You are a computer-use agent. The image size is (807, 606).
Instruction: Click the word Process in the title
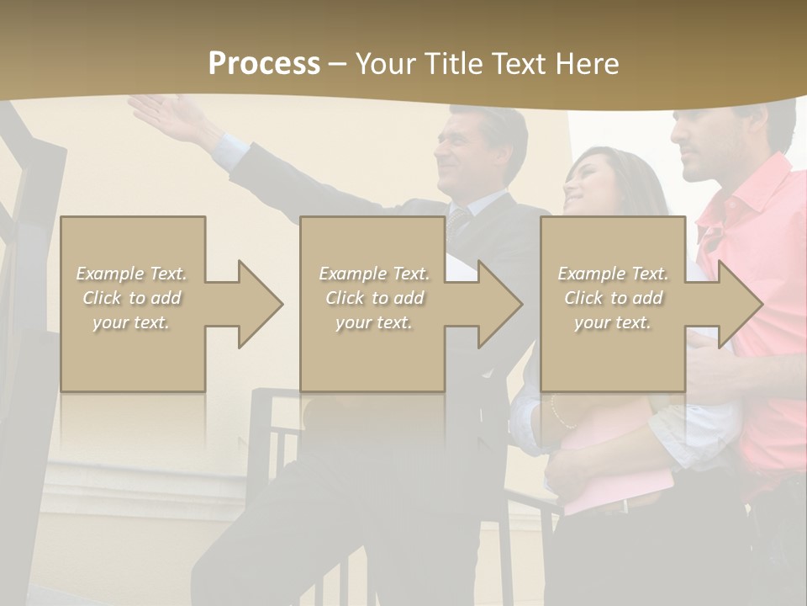click(264, 63)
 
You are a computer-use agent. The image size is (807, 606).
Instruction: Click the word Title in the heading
click(451, 63)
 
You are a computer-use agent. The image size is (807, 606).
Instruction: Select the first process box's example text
click(132, 298)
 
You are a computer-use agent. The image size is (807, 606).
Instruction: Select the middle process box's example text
click(374, 298)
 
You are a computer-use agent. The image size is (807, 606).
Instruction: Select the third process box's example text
click(613, 298)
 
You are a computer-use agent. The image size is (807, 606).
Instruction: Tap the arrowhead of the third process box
click(740, 304)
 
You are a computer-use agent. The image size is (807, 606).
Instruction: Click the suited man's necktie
click(458, 223)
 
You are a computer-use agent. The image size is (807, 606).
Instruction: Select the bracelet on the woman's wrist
click(555, 412)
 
